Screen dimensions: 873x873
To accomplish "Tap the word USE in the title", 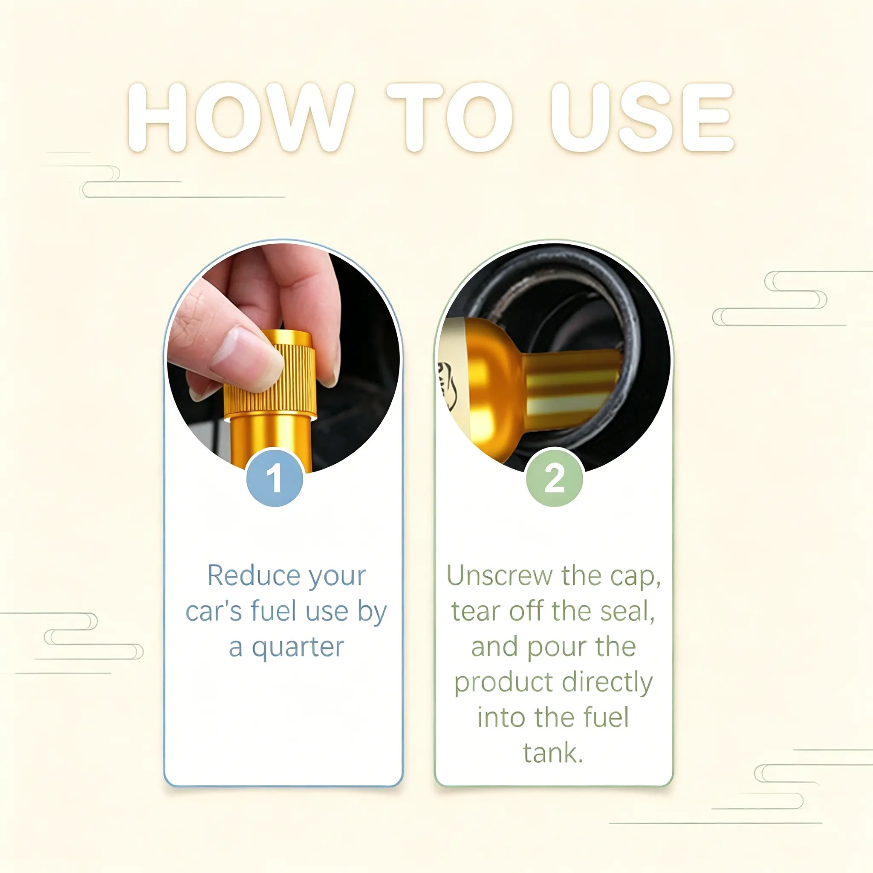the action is [x=642, y=117].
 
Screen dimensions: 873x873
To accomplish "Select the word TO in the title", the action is [x=450, y=117].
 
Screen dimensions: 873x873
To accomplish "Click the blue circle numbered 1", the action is [x=275, y=477].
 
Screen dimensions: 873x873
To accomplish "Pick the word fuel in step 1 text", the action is [x=274, y=611].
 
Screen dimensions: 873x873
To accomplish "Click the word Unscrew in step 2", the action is [x=499, y=576].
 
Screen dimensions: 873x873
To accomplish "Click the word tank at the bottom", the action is [x=553, y=753].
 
